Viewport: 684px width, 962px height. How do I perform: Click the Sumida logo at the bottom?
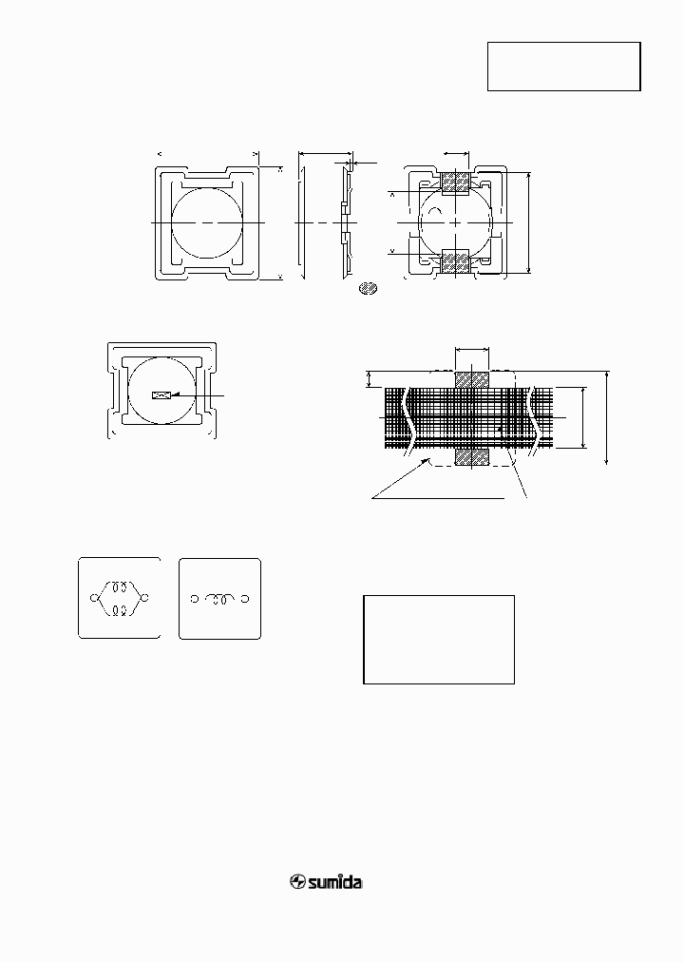(x=327, y=882)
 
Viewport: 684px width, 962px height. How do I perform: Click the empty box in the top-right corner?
(x=563, y=67)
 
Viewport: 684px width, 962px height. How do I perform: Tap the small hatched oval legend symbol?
(x=369, y=287)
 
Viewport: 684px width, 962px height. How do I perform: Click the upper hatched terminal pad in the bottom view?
(x=457, y=182)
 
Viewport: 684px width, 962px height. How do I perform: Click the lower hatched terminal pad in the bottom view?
(x=457, y=260)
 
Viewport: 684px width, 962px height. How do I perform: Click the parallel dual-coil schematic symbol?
(x=119, y=598)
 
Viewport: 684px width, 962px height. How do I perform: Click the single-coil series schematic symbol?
(x=219, y=598)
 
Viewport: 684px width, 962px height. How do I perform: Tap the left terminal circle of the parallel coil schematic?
(x=93, y=598)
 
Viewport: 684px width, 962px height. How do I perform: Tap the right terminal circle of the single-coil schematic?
(x=246, y=598)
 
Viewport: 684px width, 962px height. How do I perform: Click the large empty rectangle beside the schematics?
(x=439, y=639)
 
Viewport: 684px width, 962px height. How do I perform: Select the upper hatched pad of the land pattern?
(x=472, y=378)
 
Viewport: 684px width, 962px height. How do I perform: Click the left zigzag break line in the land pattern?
(x=409, y=418)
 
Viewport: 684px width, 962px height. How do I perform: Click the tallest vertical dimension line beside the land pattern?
(x=607, y=418)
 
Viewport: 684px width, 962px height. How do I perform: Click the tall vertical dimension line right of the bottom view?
(x=528, y=222)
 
